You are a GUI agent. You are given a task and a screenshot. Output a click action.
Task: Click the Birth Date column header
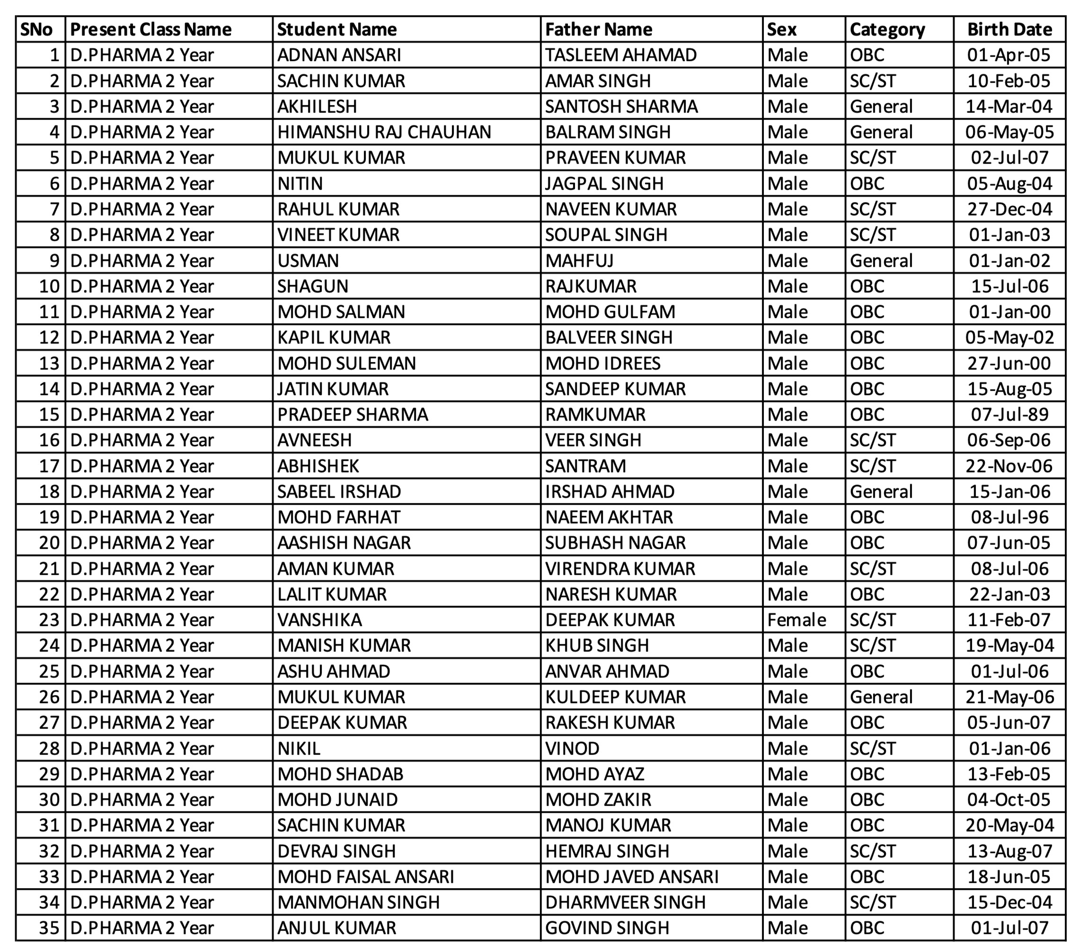tap(1009, 30)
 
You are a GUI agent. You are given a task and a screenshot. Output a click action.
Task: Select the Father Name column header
tap(598, 30)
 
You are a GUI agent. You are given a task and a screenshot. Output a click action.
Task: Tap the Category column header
tap(887, 30)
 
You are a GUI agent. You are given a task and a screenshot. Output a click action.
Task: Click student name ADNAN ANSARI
tap(339, 55)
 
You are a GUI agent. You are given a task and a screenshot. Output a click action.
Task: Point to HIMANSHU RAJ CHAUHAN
tap(384, 132)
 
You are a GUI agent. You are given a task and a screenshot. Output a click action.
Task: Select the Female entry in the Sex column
tap(796, 619)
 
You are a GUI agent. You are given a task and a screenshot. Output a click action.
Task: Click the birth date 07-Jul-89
tap(1009, 414)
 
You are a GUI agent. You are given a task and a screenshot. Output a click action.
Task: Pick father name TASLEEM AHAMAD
tap(620, 55)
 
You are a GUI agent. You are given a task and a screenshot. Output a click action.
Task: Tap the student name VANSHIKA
tap(319, 619)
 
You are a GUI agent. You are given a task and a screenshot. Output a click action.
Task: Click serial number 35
tap(49, 928)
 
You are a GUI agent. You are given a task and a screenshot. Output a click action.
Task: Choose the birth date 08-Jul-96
tap(1009, 517)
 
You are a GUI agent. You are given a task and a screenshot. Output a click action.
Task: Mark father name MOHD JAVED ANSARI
tap(631, 876)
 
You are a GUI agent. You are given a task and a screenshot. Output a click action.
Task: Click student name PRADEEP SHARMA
tap(352, 414)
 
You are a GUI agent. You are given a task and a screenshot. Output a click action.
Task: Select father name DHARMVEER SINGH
tap(625, 902)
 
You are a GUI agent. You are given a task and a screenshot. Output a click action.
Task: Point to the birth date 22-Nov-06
tap(1009, 466)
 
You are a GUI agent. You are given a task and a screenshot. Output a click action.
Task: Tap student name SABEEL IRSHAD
tap(339, 492)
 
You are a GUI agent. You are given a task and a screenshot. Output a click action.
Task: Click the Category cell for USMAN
tap(881, 261)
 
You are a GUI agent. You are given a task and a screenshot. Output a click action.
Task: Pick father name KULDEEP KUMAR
tap(615, 696)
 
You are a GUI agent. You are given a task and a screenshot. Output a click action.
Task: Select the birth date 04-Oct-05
tap(1009, 799)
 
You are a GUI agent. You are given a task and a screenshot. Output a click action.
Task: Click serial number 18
tap(49, 492)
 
